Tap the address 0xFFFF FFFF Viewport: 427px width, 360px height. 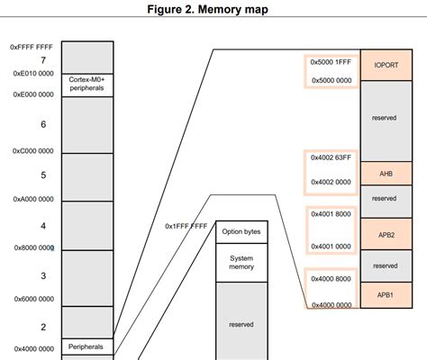pos(32,46)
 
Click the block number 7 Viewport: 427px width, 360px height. pos(43,59)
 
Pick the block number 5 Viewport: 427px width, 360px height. pos(43,175)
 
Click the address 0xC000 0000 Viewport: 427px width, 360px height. pos(32,151)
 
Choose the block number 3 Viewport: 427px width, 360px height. pos(43,276)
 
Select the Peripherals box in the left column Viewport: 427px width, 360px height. pos(86,346)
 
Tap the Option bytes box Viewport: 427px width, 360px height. pos(241,231)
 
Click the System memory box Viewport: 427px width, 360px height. pos(241,263)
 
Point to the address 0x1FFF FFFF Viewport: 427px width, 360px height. pos(186,227)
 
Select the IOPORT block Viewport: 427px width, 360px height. pos(386,66)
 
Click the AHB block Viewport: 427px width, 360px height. pos(386,174)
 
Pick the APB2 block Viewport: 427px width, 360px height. pos(386,234)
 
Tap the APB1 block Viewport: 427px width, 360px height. pos(386,293)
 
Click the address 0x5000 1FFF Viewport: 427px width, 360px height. pos(331,62)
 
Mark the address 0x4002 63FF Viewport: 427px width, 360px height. pos(331,157)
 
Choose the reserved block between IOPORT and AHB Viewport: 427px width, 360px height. pos(386,117)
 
